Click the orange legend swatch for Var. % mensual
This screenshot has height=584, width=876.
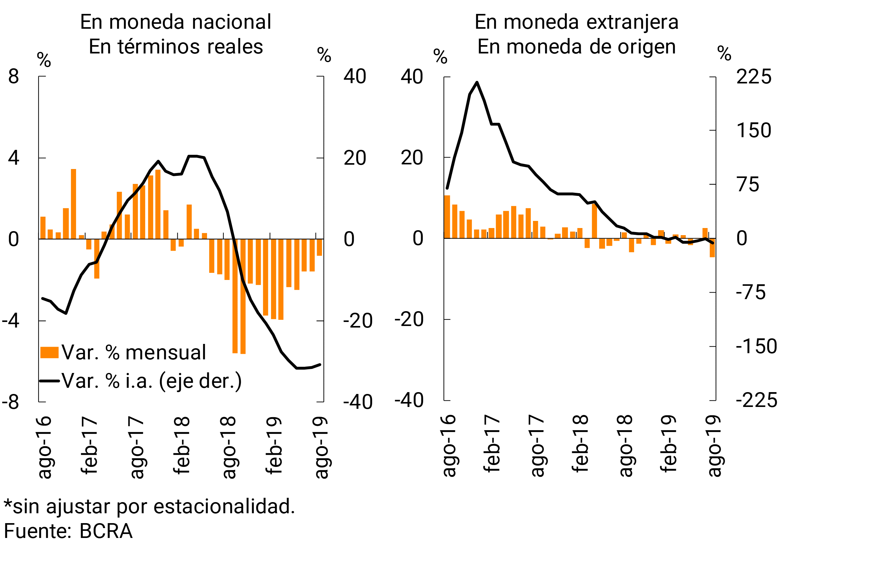49,352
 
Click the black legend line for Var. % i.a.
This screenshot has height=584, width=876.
49,381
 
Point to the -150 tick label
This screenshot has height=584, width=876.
756,346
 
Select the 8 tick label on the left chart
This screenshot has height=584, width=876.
13,76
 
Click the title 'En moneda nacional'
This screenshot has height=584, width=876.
176,22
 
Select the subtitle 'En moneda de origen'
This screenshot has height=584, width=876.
576,47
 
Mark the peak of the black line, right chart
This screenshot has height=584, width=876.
477,82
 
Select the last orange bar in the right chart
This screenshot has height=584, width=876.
712,248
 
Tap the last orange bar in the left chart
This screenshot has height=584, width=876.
319,247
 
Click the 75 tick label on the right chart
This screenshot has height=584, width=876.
748,184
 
